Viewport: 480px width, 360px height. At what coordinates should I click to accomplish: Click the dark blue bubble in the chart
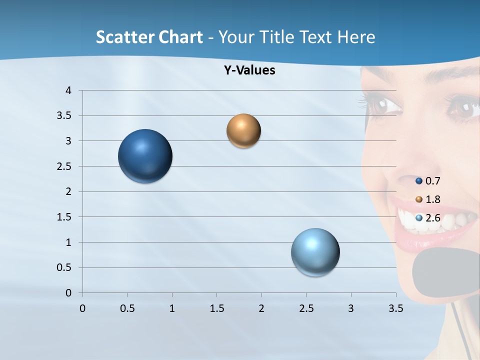(145, 156)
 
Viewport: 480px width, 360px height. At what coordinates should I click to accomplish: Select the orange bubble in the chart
(243, 131)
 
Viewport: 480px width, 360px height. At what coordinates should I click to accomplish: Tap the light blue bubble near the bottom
(315, 252)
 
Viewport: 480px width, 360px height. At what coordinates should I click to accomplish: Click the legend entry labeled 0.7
(428, 181)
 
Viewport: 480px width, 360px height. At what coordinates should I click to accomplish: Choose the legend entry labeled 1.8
(428, 199)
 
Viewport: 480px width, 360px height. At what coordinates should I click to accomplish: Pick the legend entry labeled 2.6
(428, 218)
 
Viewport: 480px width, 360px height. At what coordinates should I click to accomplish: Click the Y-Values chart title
(249, 70)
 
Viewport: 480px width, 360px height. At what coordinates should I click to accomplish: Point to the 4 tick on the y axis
(68, 90)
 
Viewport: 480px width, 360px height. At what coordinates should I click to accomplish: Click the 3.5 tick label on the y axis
(65, 115)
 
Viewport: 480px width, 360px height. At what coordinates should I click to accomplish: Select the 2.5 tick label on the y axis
(65, 166)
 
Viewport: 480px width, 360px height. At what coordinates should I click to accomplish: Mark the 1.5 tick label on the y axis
(65, 217)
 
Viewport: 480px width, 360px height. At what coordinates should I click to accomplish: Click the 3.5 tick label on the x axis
(395, 308)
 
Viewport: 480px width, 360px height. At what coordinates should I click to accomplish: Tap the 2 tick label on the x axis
(261, 308)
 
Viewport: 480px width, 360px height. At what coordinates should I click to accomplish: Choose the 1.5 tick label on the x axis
(216, 308)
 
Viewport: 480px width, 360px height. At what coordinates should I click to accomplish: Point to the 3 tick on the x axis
(350, 308)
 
